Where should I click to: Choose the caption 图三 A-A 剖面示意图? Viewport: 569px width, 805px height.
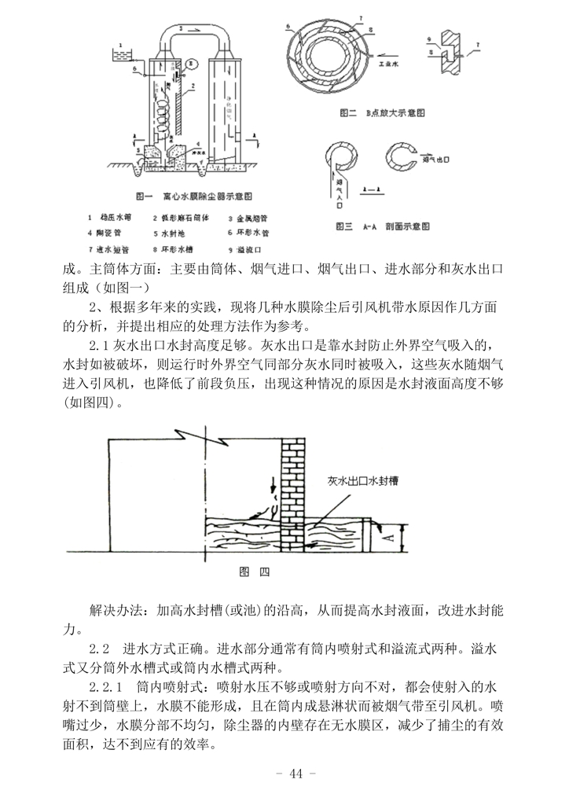click(384, 226)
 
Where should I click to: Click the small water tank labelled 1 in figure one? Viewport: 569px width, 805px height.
click(122, 54)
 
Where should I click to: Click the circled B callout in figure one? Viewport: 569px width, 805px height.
click(180, 72)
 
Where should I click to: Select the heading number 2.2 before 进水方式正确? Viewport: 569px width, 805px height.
click(98, 650)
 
